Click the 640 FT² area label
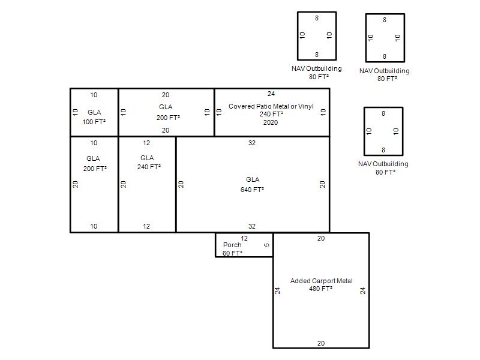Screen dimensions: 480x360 (252, 190)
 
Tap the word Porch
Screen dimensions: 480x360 (232, 245)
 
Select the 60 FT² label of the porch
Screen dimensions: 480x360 (232, 253)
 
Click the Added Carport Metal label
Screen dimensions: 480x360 (321, 281)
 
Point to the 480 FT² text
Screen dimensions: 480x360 (320, 289)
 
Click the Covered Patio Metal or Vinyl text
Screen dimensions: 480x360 (271, 106)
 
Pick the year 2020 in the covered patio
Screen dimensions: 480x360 (271, 122)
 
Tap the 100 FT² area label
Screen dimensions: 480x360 (94, 122)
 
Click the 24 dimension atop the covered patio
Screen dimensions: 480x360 (271, 94)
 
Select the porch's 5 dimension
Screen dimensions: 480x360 (266, 245)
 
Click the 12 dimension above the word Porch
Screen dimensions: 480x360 (244, 238)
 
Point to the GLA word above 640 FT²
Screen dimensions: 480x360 (253, 179)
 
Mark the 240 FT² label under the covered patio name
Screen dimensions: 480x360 (271, 114)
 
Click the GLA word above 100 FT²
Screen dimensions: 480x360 (94, 112)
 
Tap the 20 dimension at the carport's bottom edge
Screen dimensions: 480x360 (321, 343)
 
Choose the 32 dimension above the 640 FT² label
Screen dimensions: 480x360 (251, 143)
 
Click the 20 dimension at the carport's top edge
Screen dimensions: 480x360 (321, 238)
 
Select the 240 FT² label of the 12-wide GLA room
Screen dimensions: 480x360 (149, 167)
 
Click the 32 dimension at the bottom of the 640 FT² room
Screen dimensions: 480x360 (251, 226)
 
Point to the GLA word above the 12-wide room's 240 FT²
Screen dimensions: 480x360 (147, 158)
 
